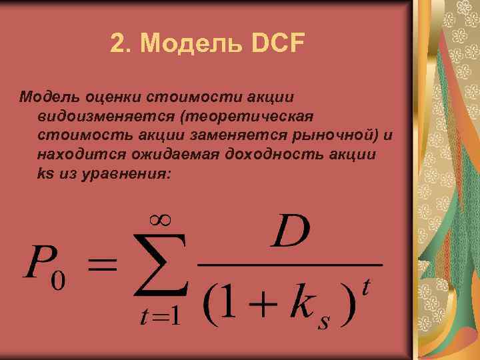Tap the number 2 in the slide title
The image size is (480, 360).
point(118,45)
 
